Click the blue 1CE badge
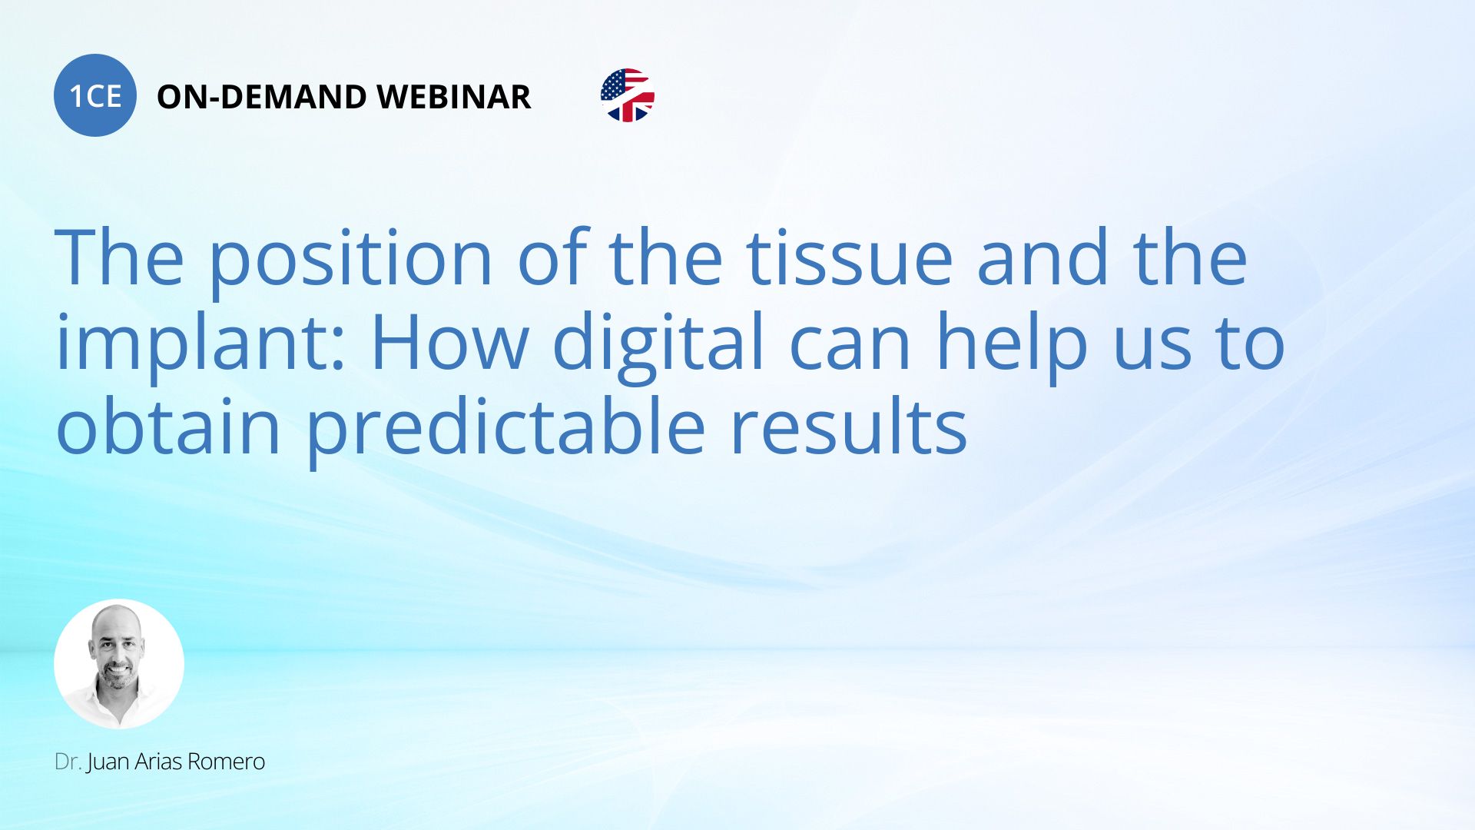tap(95, 95)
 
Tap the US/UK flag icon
tap(628, 95)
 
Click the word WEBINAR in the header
tap(454, 97)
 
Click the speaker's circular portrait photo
tap(119, 664)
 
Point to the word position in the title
tap(350, 260)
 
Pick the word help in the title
tap(1012, 344)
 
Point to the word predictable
tap(505, 429)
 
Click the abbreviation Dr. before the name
tap(68, 762)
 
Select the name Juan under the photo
tap(108, 762)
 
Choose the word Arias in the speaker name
tap(158, 762)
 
